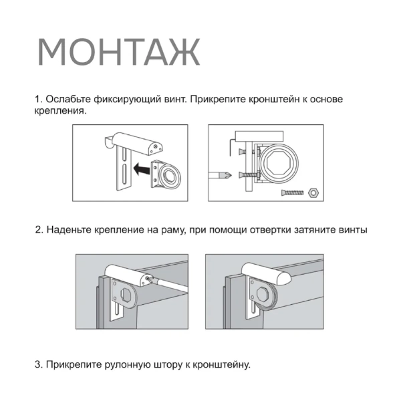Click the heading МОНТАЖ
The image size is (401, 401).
tap(118, 51)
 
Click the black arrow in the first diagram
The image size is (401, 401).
tap(141, 170)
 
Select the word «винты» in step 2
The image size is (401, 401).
tap(354, 230)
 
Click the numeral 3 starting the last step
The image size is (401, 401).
tap(37, 365)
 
